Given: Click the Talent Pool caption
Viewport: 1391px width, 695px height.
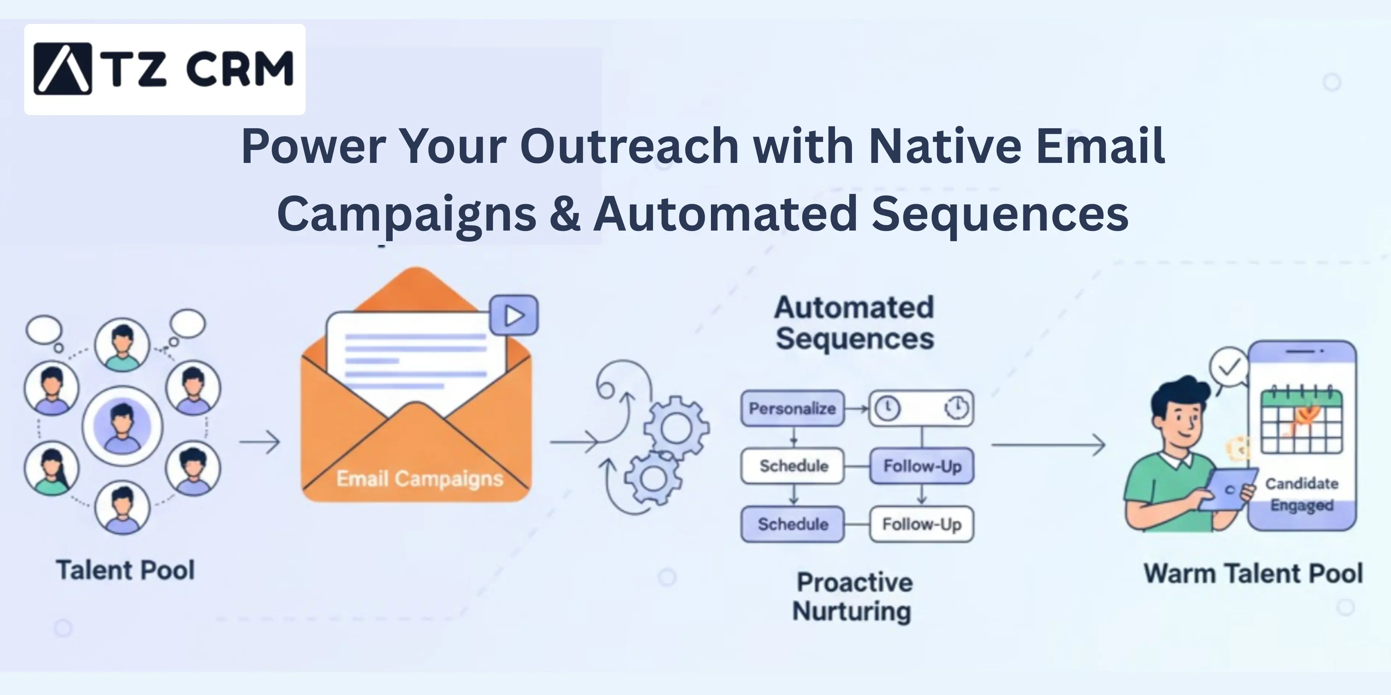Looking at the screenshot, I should (x=125, y=570).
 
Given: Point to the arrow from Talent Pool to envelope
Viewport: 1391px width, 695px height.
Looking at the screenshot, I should (x=260, y=442).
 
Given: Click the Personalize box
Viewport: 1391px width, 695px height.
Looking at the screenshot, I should (x=792, y=409).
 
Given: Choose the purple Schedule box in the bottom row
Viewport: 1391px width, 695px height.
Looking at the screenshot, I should (x=792, y=524).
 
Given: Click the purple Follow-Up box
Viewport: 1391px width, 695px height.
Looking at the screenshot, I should (x=922, y=466).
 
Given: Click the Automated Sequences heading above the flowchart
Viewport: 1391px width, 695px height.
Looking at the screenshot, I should (x=854, y=323).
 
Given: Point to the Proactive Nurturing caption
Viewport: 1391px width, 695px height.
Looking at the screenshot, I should (x=853, y=597).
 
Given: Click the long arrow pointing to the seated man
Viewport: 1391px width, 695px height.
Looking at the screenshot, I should (x=1048, y=445).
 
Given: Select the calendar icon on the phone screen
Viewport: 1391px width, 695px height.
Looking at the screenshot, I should (x=1301, y=421).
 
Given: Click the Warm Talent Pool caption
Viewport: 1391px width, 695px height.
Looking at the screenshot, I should (x=1253, y=573).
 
